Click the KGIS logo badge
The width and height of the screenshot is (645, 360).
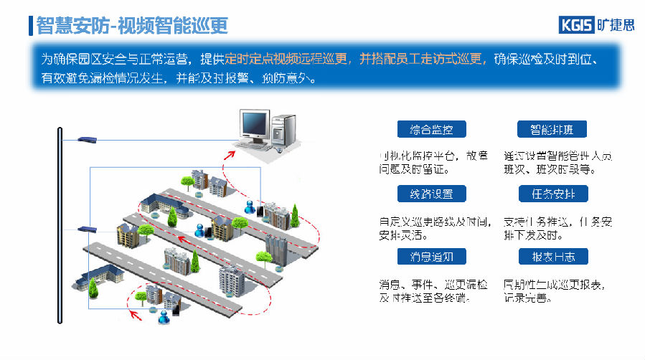[x=576, y=25]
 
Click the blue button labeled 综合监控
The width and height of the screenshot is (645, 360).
[x=431, y=129]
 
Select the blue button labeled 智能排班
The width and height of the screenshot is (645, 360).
[x=552, y=129]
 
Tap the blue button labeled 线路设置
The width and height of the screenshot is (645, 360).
[x=431, y=193]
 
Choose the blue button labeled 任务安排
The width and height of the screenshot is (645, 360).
[x=552, y=193]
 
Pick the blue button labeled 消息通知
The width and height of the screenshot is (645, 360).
[x=431, y=256]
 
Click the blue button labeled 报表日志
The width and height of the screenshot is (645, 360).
[x=552, y=256]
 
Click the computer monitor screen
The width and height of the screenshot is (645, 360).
[x=255, y=123]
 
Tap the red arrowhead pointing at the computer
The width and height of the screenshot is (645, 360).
[x=228, y=153]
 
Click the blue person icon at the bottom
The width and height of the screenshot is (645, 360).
[x=164, y=315]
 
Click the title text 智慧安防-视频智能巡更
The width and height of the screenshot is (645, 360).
[x=132, y=27]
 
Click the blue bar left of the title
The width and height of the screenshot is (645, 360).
[x=31, y=26]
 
